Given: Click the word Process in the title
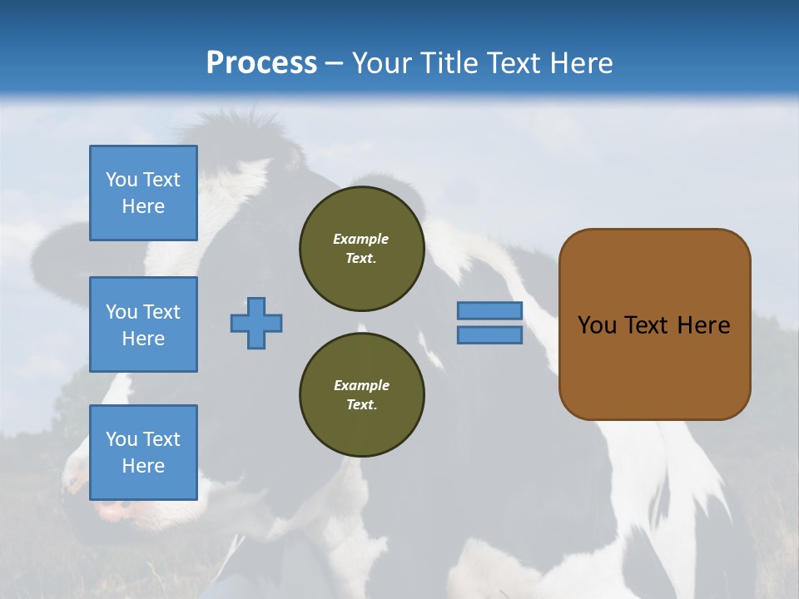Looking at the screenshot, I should tap(261, 62).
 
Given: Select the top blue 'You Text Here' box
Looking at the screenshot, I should tap(143, 193).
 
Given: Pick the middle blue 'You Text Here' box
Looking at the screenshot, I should tap(143, 324).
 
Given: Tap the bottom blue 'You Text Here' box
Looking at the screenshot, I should tap(143, 453).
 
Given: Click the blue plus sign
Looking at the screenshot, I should tap(256, 323).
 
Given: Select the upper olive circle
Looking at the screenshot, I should tap(362, 249).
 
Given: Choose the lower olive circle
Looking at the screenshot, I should tap(362, 395).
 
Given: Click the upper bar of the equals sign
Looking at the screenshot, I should tap(489, 310).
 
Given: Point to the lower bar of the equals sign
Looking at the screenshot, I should tap(489, 335).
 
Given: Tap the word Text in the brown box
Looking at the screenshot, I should tap(648, 325).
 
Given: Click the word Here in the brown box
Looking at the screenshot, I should tap(703, 325).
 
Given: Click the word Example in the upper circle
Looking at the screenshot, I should tap(360, 239).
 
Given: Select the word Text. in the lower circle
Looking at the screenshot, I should tap(361, 405).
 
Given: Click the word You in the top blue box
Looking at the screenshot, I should tap(121, 180).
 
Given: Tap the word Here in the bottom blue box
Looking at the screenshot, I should tap(143, 466).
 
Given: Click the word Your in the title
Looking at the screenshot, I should tap(379, 62).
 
